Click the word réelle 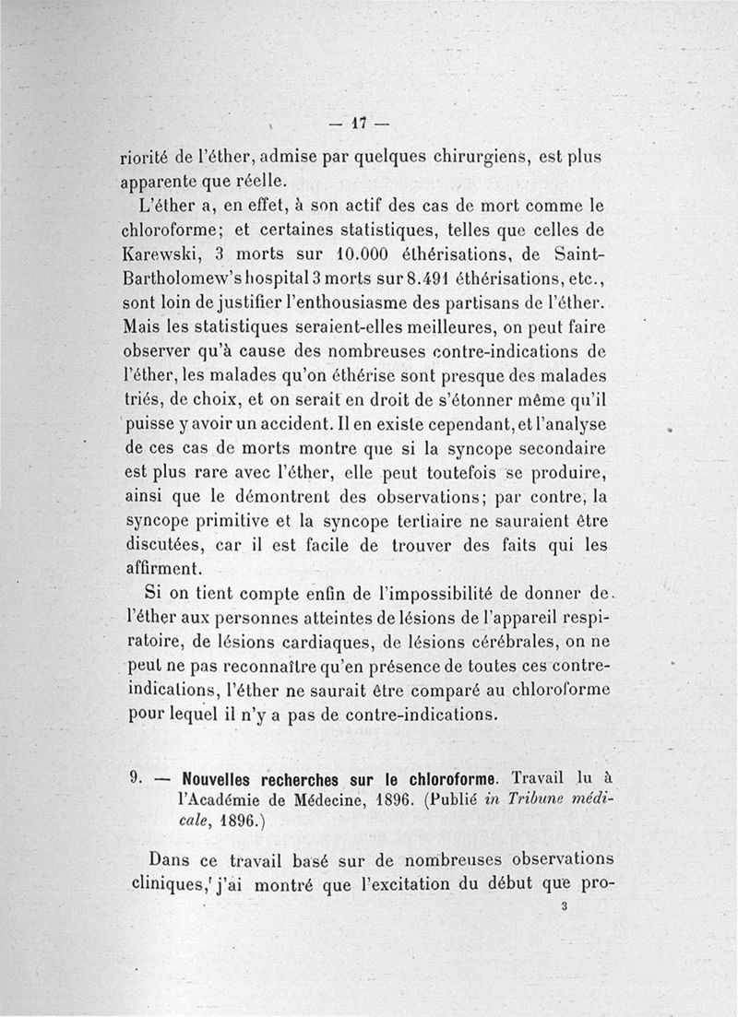(x=259, y=179)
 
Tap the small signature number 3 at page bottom (x=563, y=906)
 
